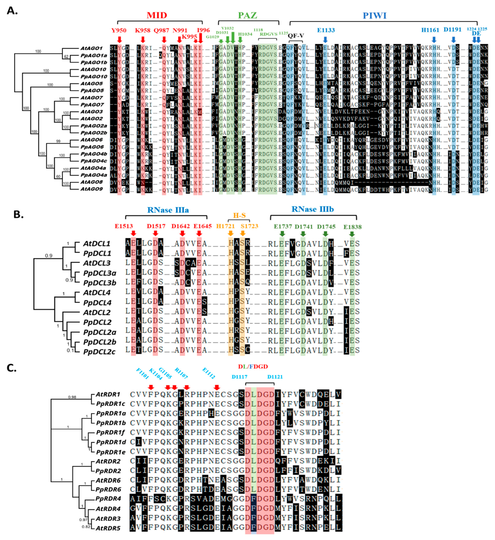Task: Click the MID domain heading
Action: [157, 15]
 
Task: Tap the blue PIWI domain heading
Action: [374, 16]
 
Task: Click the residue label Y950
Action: [119, 30]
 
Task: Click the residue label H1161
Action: [430, 30]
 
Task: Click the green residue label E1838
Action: [352, 227]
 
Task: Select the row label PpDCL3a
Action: [100, 273]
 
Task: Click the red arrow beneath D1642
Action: [182, 233]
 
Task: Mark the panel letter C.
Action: [12, 368]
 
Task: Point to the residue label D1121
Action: [275, 377]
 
